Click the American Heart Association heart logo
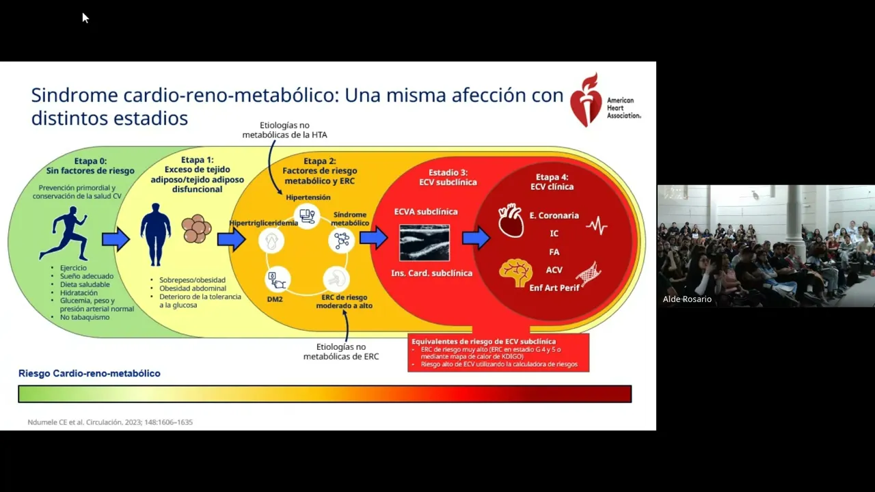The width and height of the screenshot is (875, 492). [x=585, y=100]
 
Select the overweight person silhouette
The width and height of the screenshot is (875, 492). [x=156, y=234]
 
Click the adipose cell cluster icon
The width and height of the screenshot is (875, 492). [x=196, y=230]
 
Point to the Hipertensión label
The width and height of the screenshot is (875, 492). [x=308, y=197]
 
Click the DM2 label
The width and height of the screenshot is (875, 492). [x=275, y=299]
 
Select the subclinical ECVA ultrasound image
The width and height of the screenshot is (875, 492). [x=425, y=243]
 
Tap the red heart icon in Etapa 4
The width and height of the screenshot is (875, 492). [x=511, y=221]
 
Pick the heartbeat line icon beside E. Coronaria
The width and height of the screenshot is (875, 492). [x=596, y=225]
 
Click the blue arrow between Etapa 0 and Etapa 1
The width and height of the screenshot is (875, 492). [x=116, y=239]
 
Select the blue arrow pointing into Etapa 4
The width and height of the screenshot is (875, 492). [x=476, y=238]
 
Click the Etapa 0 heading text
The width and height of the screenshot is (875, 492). [x=90, y=161]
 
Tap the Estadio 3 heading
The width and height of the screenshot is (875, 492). [x=448, y=172]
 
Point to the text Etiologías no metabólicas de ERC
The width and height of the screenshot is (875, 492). [x=341, y=351]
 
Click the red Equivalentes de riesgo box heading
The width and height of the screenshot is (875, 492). [x=483, y=341]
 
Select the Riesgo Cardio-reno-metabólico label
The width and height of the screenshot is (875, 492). [x=90, y=374]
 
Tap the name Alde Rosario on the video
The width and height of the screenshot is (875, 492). [x=687, y=299]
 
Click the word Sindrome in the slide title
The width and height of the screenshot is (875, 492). [x=74, y=95]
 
